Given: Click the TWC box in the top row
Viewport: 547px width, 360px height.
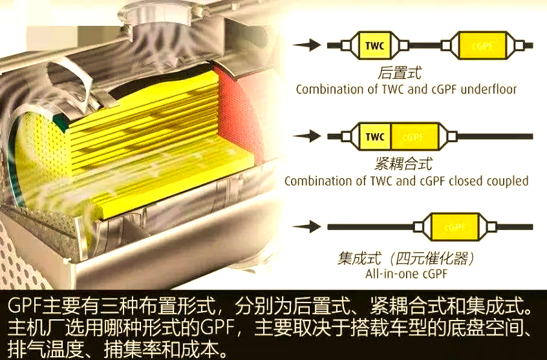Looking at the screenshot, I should (x=374, y=46).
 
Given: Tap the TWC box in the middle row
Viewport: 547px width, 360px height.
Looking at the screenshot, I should (x=374, y=137).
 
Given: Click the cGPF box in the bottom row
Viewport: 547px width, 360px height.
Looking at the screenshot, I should (x=455, y=227).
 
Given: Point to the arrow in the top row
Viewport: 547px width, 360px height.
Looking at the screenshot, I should (x=307, y=45).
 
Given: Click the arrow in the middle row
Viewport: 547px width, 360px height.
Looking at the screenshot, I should (x=307, y=136).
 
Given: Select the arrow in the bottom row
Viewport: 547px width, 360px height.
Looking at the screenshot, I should (x=307, y=227).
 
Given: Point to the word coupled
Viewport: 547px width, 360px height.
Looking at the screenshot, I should (x=507, y=181).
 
